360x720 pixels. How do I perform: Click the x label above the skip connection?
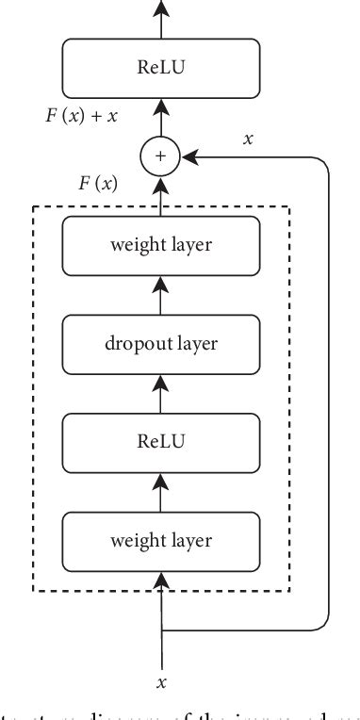pyautogui.click(x=249, y=139)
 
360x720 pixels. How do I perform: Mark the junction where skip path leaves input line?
pyautogui.click(x=163, y=629)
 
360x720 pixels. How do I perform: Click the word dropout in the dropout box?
pyautogui.click(x=135, y=343)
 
